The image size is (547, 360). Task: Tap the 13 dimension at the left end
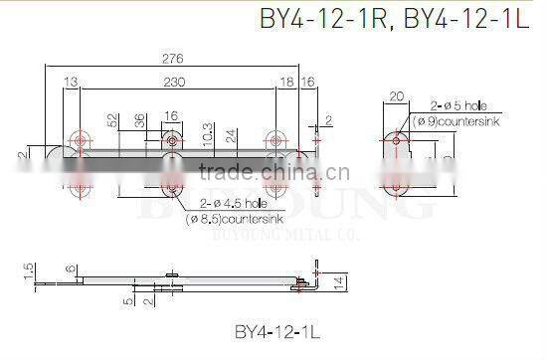(x=72, y=82)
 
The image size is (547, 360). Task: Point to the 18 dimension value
(x=287, y=82)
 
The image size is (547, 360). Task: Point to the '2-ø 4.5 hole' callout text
(x=224, y=204)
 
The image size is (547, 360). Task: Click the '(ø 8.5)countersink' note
(x=225, y=219)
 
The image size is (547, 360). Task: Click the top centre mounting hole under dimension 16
(x=173, y=142)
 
